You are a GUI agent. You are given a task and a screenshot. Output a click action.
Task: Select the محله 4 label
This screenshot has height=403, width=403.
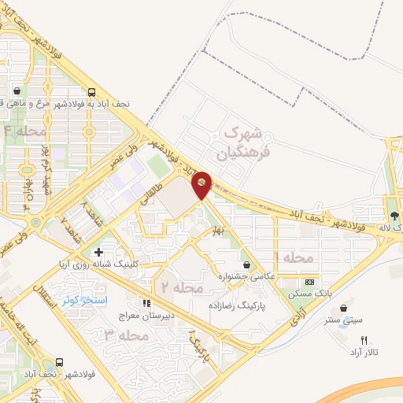click(x=25, y=131)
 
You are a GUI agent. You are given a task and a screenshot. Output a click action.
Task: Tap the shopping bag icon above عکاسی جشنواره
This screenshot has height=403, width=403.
click(x=249, y=264)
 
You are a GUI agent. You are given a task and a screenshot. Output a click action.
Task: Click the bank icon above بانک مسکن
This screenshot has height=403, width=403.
click(x=310, y=282)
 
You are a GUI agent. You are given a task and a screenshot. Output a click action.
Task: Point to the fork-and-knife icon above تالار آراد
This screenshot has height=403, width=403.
click(x=363, y=339)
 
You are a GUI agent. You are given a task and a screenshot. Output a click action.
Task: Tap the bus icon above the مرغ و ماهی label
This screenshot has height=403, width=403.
click(x=92, y=91)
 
